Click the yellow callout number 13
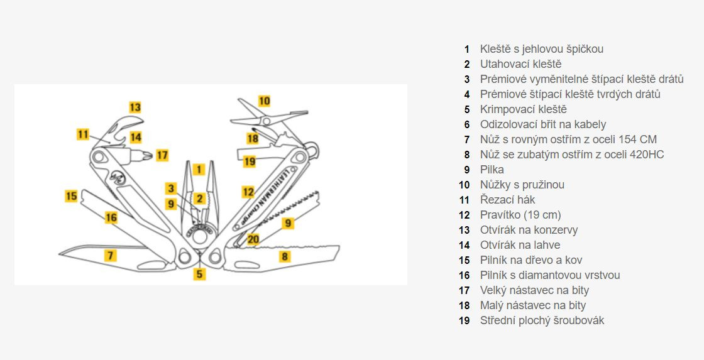tap(136, 107)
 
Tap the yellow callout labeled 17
tap(162, 155)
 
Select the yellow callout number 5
tap(199, 274)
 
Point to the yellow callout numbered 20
tap(253, 239)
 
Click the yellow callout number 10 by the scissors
tap(264, 101)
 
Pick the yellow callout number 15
tap(72, 197)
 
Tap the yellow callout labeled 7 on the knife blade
tap(111, 255)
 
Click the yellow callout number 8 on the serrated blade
tap(285, 256)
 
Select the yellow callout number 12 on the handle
tap(248, 192)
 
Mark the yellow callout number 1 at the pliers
tap(199, 169)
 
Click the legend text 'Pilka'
tap(492, 170)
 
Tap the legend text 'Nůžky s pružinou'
tap(522, 185)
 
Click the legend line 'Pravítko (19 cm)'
tap(520, 215)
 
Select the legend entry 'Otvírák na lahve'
tap(520, 245)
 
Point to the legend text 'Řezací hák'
tap(507, 200)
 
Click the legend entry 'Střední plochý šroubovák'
tap(542, 320)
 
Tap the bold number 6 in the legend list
tap(467, 124)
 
